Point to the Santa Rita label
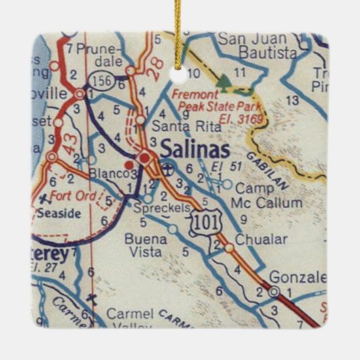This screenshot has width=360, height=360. point(174,126)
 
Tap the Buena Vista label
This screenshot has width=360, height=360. point(143,245)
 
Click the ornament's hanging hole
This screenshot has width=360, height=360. point(179,69)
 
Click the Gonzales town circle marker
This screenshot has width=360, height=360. point(273,291)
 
